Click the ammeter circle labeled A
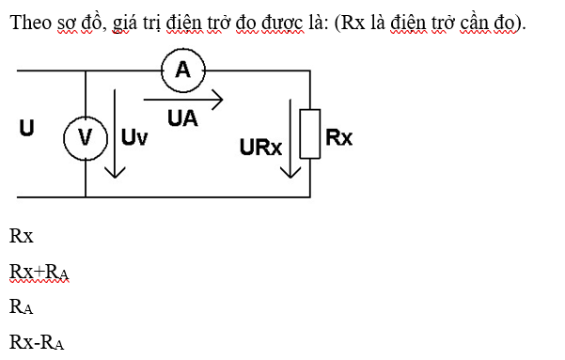[182, 69]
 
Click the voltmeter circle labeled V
[85, 138]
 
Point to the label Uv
[134, 138]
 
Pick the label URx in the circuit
[261, 148]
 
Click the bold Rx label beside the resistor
[338, 137]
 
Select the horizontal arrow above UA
[183, 99]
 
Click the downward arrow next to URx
[290, 136]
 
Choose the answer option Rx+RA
[39, 272]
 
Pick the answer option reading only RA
[22, 306]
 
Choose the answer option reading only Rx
[21, 236]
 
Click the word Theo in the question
[27, 23]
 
